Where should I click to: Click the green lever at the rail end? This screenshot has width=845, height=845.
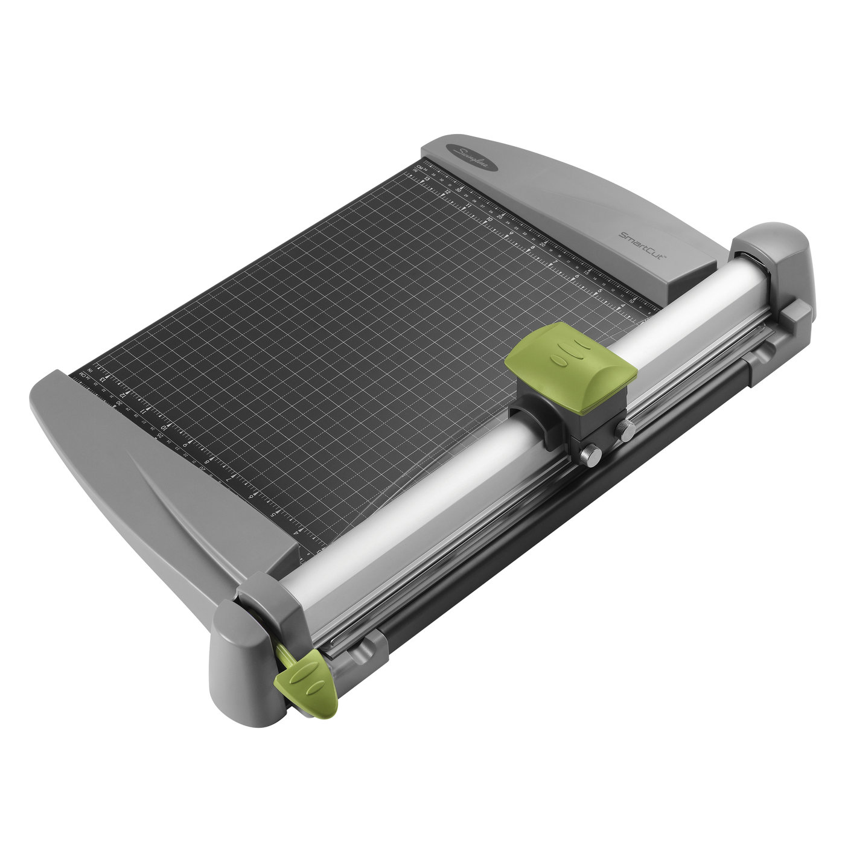pyautogui.click(x=306, y=681)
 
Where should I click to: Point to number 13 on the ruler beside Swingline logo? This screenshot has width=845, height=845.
pyautogui.click(x=428, y=178)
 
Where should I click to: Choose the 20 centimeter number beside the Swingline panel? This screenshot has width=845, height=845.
pyautogui.click(x=543, y=244)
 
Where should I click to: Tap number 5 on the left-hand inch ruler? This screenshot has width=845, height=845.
pyautogui.click(x=275, y=514)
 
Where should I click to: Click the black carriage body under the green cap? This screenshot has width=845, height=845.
pyautogui.click(x=543, y=416)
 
